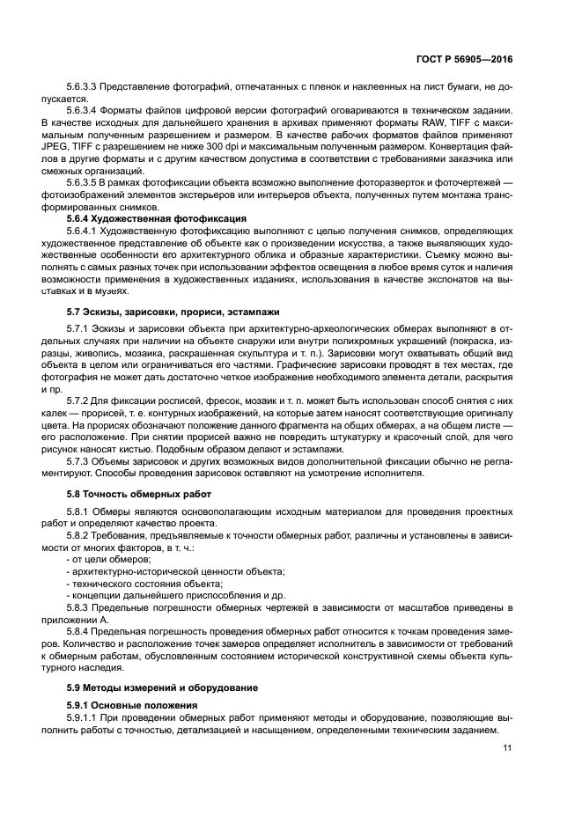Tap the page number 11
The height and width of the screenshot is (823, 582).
click(507, 748)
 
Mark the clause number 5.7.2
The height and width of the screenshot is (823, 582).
click(80, 400)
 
